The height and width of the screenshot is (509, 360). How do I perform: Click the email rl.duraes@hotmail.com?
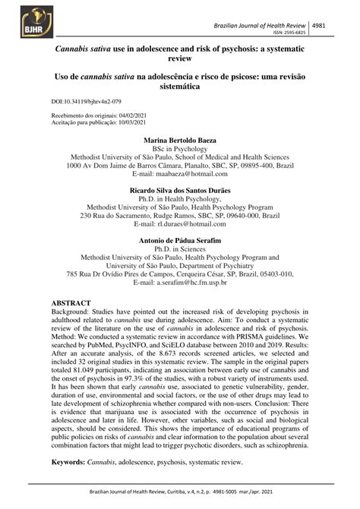click(x=193, y=225)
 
